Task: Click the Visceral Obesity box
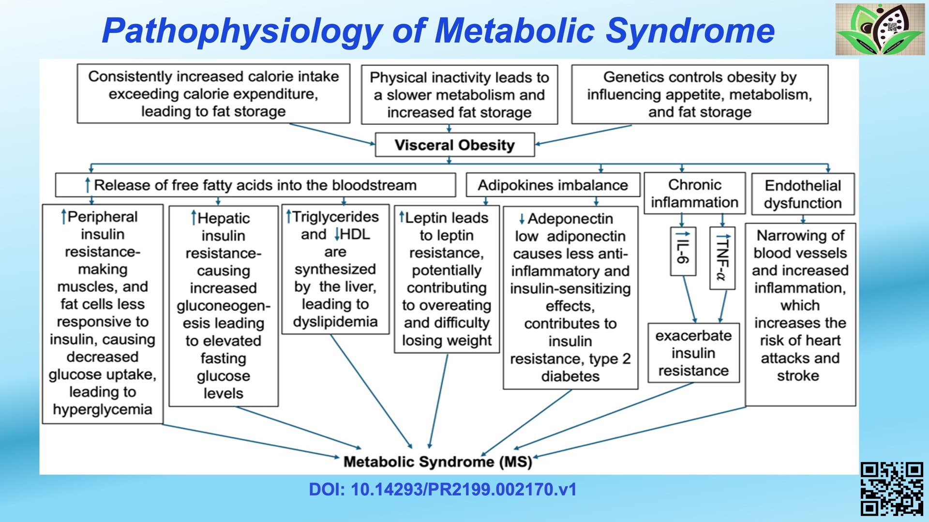pos(454,145)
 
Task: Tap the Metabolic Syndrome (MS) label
pos(437,462)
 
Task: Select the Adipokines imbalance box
pos(553,185)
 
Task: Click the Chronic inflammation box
pos(694,193)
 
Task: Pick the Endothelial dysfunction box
pos(803,194)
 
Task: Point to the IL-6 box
pos(683,251)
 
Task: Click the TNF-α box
pos(722,258)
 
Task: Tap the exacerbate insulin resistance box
pos(693,353)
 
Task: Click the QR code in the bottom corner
pos(891,489)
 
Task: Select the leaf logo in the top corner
pos(880,29)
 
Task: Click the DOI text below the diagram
pos(442,490)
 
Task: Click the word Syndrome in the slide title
pos(690,30)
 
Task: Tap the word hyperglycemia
pos(103,409)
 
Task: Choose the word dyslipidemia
pos(335,322)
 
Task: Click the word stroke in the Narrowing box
pos(798,375)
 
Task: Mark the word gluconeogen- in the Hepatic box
pos(223,306)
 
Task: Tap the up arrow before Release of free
pos(88,185)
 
